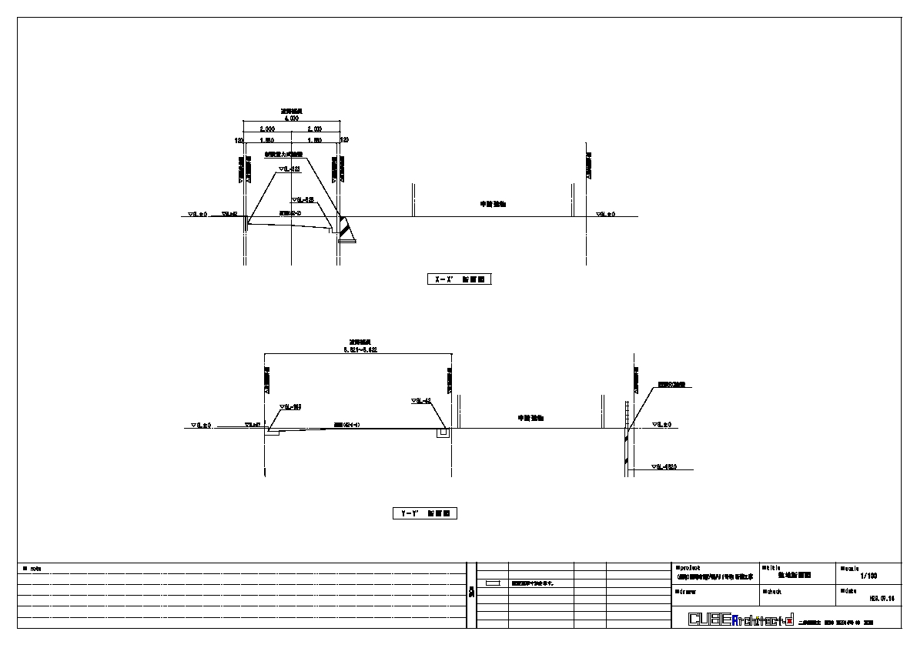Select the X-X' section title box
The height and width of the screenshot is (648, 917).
click(x=458, y=279)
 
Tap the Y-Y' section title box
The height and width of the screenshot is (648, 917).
click(x=424, y=513)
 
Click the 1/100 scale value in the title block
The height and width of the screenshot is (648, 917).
click(x=868, y=576)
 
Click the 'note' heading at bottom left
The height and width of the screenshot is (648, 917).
click(x=33, y=569)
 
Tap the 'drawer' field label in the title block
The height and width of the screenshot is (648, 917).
click(x=687, y=592)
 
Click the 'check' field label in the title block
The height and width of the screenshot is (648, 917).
click(x=772, y=592)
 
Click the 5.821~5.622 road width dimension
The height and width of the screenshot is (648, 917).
click(x=360, y=349)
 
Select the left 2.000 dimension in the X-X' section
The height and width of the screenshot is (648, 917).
click(x=266, y=129)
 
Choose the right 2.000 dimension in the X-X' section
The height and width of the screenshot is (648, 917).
click(x=314, y=129)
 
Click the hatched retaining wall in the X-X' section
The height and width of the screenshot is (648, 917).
click(x=344, y=229)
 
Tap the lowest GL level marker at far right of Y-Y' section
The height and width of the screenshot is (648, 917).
click(x=663, y=467)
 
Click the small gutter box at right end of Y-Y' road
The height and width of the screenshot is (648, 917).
click(x=443, y=434)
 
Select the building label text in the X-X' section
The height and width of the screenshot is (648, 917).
click(x=494, y=205)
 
